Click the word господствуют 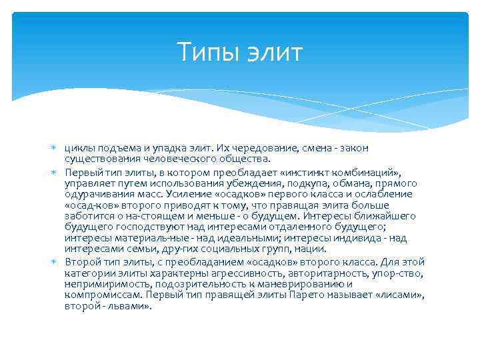pos(136,228)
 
